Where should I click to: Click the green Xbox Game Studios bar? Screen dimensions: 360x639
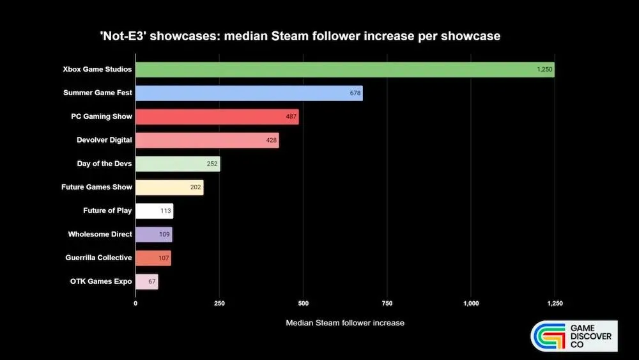pyautogui.click(x=345, y=69)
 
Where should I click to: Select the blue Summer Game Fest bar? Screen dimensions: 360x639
pyautogui.click(x=249, y=93)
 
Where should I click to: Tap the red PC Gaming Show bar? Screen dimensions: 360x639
pyautogui.click(x=217, y=116)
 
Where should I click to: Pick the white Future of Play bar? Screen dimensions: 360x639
pyautogui.click(x=154, y=210)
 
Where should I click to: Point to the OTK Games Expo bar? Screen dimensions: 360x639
pyautogui.click(x=146, y=281)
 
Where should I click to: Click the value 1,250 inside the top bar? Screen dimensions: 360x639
pyautogui.click(x=544, y=69)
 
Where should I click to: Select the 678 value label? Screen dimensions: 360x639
pyautogui.click(x=355, y=93)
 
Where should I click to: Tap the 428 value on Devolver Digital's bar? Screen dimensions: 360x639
pyautogui.click(x=272, y=140)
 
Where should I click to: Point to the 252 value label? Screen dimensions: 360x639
pyautogui.click(x=212, y=164)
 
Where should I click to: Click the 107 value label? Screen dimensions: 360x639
pyautogui.click(x=164, y=258)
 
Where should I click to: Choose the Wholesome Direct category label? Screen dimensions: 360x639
pyautogui.click(x=100, y=234)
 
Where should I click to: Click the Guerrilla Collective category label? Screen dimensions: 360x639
pyautogui.click(x=98, y=258)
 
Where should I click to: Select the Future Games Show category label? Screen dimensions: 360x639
pyautogui.click(x=96, y=187)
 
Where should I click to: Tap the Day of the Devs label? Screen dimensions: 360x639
pyautogui.click(x=104, y=164)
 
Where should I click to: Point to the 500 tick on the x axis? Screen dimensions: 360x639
pyautogui.click(x=303, y=303)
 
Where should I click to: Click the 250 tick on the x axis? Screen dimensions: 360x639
pyautogui.click(x=219, y=303)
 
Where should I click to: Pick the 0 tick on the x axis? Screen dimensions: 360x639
pyautogui.click(x=135, y=303)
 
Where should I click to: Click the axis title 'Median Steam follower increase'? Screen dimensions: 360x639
pyautogui.click(x=345, y=323)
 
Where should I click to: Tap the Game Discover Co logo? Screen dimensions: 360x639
pyautogui.click(x=574, y=336)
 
